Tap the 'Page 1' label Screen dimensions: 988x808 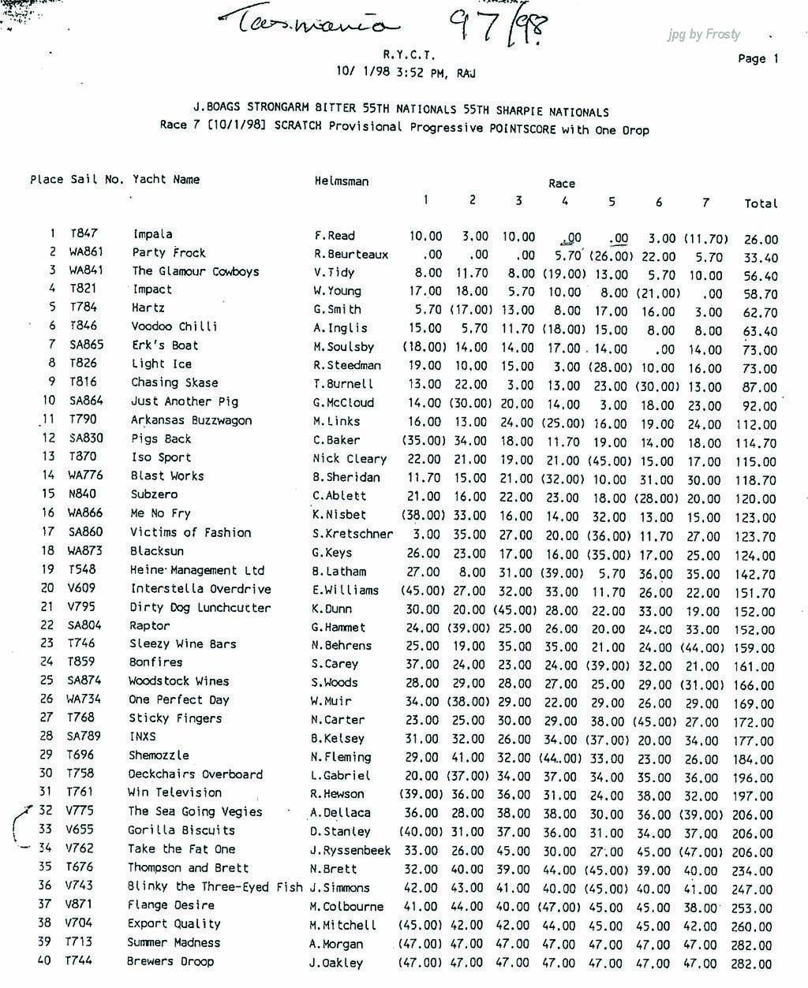[x=757, y=58]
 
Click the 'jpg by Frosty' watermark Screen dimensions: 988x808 [x=704, y=34]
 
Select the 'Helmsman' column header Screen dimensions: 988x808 [x=341, y=181]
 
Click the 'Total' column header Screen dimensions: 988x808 [x=761, y=203]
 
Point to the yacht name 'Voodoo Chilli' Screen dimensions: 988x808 [x=174, y=326]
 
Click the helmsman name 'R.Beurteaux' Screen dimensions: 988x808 [x=349, y=254]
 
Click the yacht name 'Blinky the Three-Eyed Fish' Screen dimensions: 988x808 [x=215, y=886]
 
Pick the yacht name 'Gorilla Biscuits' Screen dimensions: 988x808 [x=181, y=830]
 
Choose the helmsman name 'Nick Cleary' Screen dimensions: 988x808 [x=350, y=458]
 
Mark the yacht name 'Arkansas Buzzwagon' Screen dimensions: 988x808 [x=191, y=420]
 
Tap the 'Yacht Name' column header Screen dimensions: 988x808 [x=166, y=179]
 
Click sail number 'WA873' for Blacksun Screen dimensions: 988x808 [x=84, y=551]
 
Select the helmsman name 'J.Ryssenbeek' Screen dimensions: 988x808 [x=350, y=850]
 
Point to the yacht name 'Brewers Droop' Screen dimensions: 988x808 [x=170, y=961]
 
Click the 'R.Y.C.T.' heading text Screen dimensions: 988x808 [x=409, y=55]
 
